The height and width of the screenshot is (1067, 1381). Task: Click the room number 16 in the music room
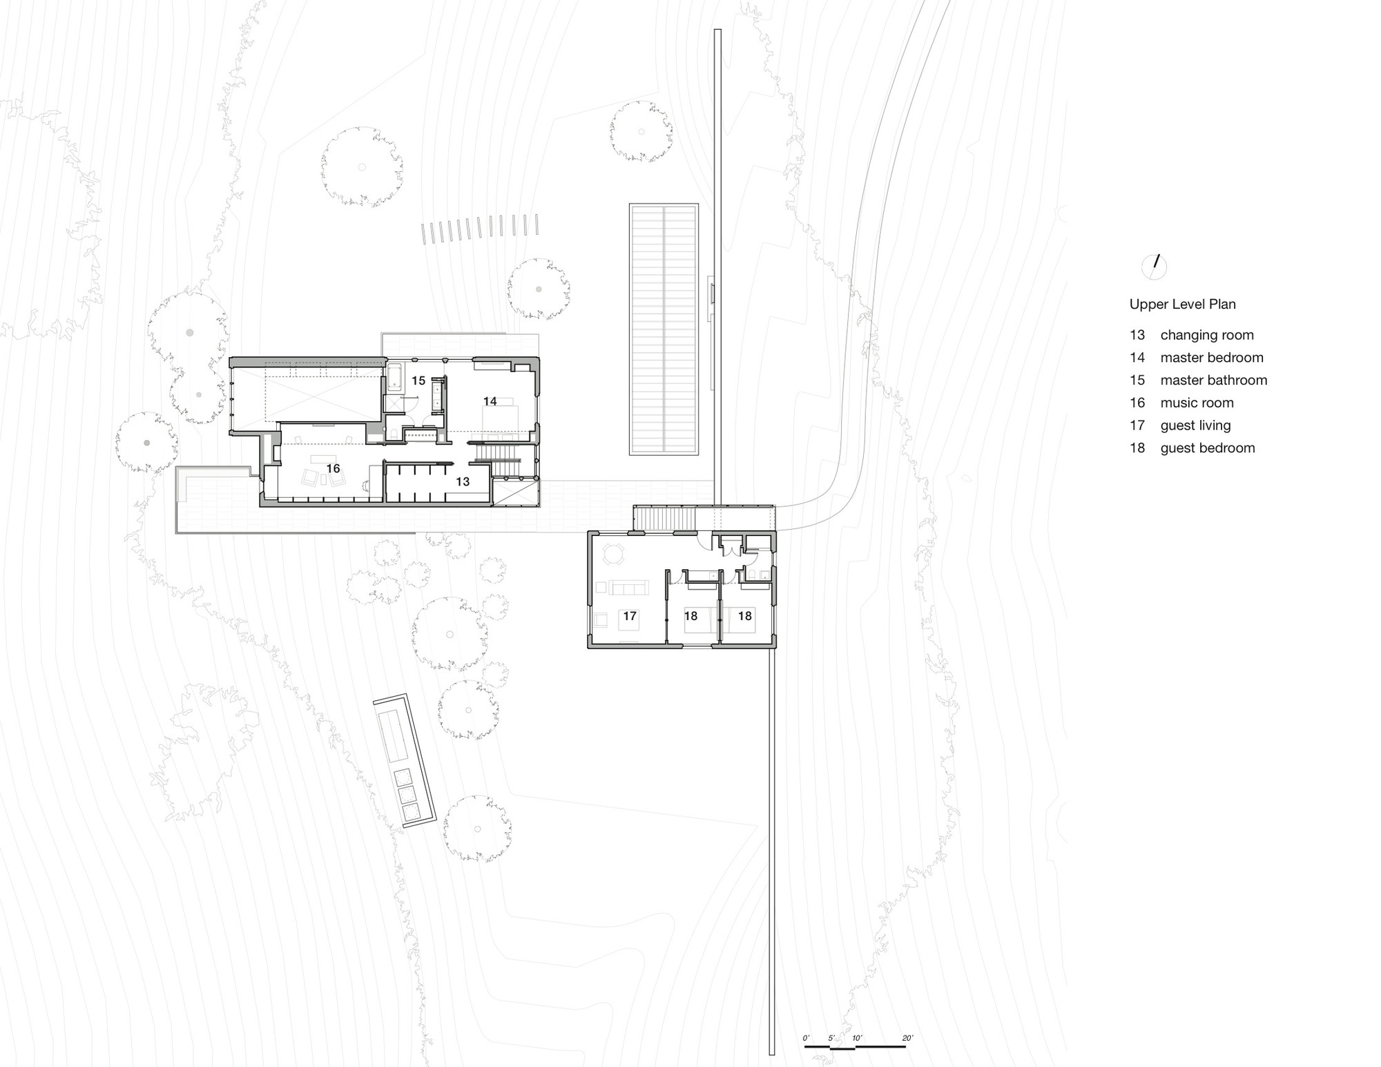[x=333, y=469]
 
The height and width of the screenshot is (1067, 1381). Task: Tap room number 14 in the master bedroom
[x=490, y=401]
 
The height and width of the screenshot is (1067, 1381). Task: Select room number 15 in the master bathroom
[x=418, y=381]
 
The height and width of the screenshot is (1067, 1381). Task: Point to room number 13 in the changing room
[x=462, y=481]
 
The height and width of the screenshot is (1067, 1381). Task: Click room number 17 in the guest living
[x=629, y=616]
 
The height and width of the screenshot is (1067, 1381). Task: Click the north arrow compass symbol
[x=1155, y=266]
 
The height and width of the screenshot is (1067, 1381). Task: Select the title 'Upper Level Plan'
[x=1182, y=304]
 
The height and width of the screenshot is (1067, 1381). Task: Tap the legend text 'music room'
[x=1197, y=403]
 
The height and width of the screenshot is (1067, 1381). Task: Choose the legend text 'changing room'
[x=1206, y=335]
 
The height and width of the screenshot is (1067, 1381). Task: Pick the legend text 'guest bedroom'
[x=1207, y=448]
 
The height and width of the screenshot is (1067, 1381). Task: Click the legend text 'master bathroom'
[x=1213, y=381]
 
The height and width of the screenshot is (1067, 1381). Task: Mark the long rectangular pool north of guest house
[x=664, y=329]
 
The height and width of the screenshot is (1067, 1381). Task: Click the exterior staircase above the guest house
[x=664, y=517]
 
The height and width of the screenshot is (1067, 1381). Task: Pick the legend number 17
[x=1137, y=425]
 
